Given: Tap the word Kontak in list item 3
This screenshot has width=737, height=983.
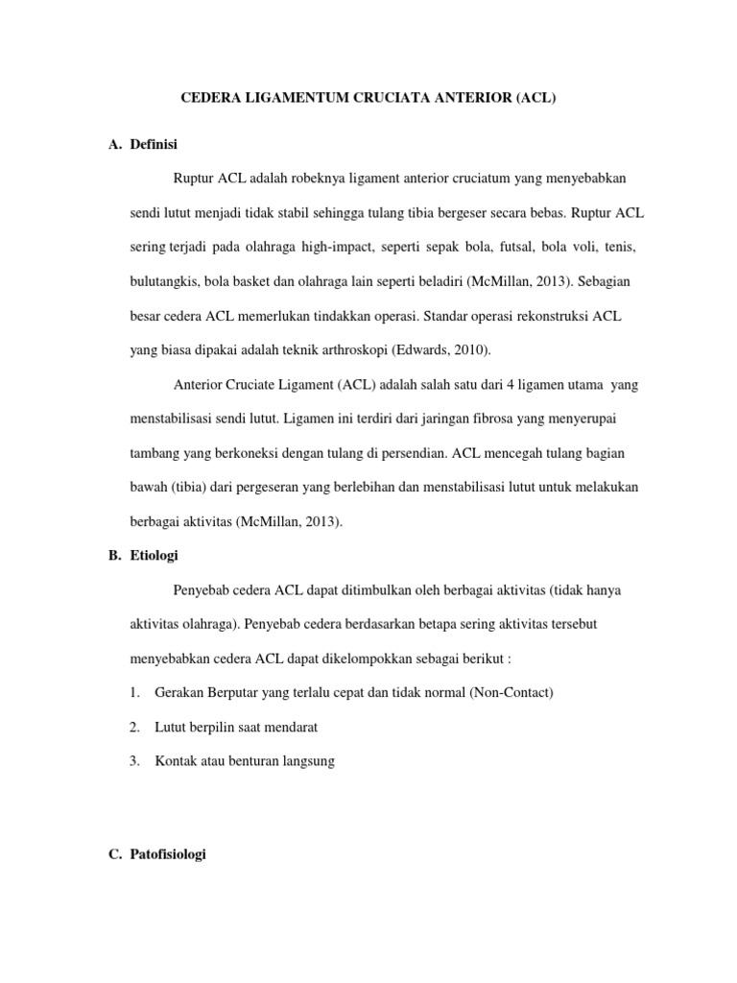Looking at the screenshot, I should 175,760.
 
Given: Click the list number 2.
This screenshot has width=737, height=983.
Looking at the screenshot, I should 134,727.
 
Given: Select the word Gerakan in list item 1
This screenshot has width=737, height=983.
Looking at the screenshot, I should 179,692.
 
